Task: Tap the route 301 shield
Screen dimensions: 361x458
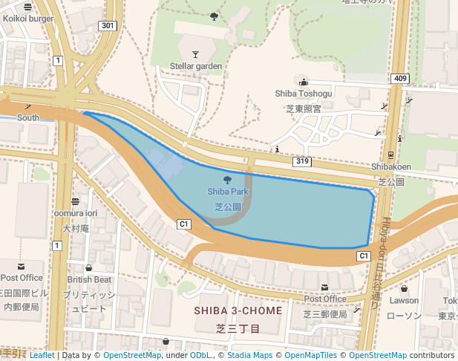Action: click(108, 26)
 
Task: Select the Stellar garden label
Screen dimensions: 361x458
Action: click(196, 66)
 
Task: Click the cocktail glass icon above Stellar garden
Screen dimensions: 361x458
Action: click(195, 53)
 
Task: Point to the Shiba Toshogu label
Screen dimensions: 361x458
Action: click(304, 94)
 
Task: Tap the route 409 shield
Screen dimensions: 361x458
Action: click(400, 79)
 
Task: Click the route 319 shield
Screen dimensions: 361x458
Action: click(301, 161)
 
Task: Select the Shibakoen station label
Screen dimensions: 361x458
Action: click(391, 167)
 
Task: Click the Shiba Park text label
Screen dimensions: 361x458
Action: click(228, 192)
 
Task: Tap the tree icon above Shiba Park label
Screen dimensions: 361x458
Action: click(227, 179)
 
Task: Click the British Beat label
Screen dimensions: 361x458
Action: click(89, 280)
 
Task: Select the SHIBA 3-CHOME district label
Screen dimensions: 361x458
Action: click(238, 310)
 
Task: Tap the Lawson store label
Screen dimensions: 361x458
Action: click(405, 301)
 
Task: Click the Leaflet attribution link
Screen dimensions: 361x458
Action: click(42, 355)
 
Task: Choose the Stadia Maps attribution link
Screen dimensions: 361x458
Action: click(249, 355)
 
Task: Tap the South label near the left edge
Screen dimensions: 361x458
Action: click(28, 117)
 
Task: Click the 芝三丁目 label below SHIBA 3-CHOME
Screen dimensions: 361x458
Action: click(238, 328)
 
